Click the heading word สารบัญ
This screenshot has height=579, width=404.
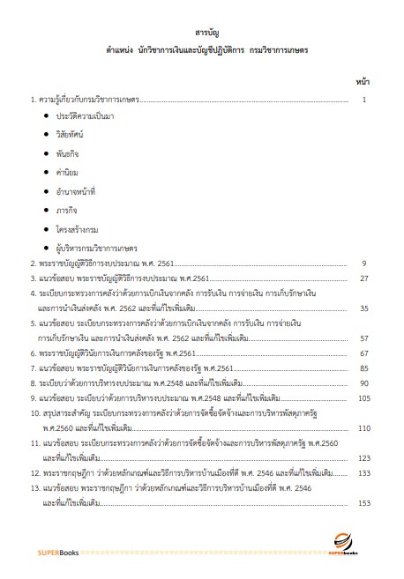(x=201, y=33)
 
